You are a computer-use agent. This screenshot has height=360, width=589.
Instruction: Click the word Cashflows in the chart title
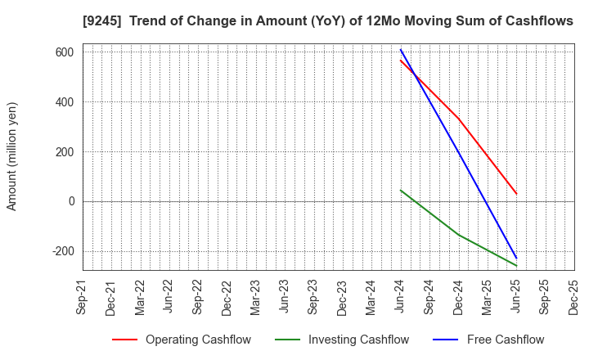pyautogui.click(x=535, y=21)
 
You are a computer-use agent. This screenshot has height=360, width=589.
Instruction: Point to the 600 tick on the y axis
pyautogui.click(x=65, y=52)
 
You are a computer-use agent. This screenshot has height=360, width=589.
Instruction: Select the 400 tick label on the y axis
pyautogui.click(x=65, y=102)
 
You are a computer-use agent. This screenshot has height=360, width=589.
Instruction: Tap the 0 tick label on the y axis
pyautogui.click(x=71, y=201)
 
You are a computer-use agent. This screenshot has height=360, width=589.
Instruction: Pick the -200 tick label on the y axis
pyautogui.click(x=62, y=251)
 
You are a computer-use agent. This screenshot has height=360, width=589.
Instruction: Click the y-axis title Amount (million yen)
pyautogui.click(x=12, y=156)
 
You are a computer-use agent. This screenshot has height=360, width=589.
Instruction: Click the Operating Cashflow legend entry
pyautogui.click(x=181, y=340)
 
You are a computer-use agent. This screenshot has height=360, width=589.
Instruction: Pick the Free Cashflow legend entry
pyautogui.click(x=492, y=340)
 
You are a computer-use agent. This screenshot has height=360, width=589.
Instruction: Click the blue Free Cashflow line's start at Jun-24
pyautogui.click(x=401, y=50)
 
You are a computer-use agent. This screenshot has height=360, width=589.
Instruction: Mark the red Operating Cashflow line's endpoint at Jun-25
pyautogui.click(x=516, y=194)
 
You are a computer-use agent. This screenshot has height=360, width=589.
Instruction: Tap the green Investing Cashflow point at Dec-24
pyautogui.click(x=459, y=235)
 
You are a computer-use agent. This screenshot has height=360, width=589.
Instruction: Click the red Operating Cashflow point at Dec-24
pyautogui.click(x=459, y=119)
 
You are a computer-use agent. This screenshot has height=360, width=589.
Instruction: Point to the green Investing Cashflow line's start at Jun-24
pyautogui.click(x=401, y=190)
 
